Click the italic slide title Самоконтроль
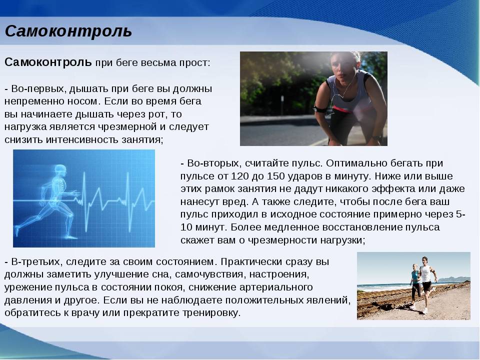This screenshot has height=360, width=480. point(68,31)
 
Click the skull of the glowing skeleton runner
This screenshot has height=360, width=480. point(60,170)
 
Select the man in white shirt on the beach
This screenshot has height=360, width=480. point(426,284)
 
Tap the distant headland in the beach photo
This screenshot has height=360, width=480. point(454,279)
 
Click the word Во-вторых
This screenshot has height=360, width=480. point(213,163)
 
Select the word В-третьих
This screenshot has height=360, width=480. point(35,262)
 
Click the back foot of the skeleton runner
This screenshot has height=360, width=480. point(17,230)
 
